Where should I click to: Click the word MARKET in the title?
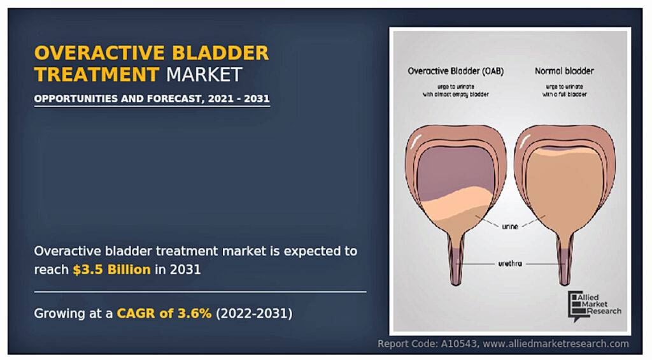click(x=204, y=75)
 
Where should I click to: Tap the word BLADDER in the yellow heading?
click(x=220, y=53)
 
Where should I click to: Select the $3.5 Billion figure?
click(x=111, y=270)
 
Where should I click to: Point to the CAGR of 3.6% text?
click(x=164, y=313)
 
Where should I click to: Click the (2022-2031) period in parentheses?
click(x=254, y=313)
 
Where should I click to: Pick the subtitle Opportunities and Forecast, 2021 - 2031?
click(x=152, y=99)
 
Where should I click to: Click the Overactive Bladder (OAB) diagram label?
click(x=456, y=71)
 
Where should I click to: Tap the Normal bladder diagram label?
click(x=564, y=71)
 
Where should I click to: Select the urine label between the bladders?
click(x=510, y=227)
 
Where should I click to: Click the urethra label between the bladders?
click(x=510, y=263)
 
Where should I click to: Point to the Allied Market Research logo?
click(x=595, y=306)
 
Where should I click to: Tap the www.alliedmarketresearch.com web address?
click(x=556, y=344)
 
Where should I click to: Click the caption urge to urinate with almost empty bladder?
click(x=456, y=90)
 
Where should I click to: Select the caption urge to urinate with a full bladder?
click(x=564, y=90)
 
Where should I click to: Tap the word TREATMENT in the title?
click(x=97, y=75)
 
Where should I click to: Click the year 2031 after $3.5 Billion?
click(x=185, y=270)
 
